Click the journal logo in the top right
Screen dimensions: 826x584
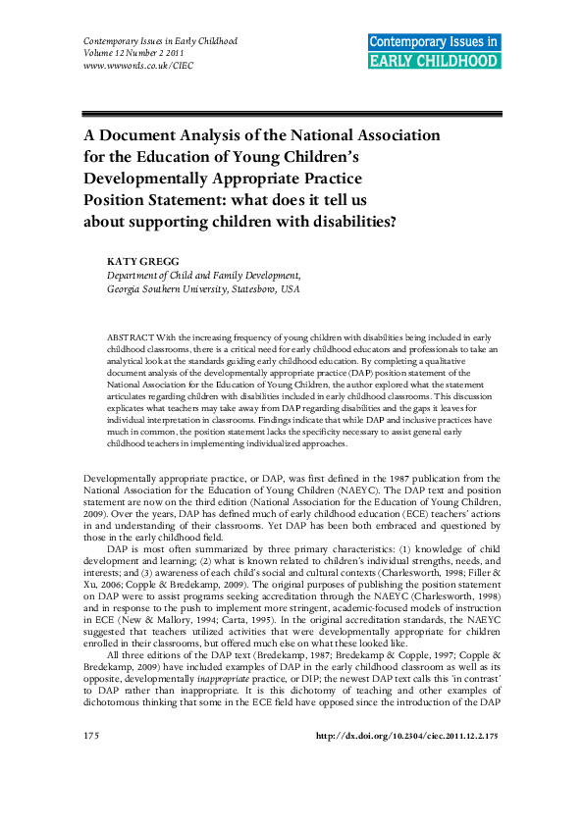(x=434, y=51)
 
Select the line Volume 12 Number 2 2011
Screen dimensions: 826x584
(x=132, y=54)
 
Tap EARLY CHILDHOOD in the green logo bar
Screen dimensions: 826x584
(x=434, y=61)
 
